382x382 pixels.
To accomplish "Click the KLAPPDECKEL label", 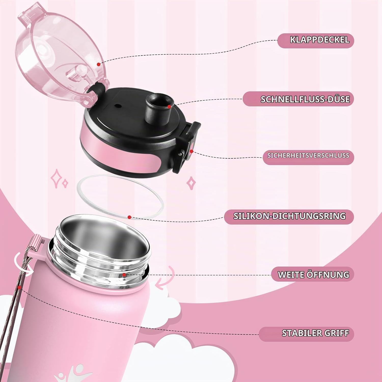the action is click(x=320, y=40).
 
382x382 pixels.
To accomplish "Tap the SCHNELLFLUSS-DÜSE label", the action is click(x=305, y=99).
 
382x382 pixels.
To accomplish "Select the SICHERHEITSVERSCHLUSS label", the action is click(x=308, y=155).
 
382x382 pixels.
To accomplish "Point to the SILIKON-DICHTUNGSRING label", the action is click(x=290, y=216).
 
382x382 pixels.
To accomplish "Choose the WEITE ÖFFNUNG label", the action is click(x=313, y=275).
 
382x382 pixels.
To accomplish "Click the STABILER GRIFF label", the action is click(x=315, y=333).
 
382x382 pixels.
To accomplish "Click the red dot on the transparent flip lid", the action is click(x=99, y=64).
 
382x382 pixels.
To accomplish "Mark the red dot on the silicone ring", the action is click(x=129, y=217).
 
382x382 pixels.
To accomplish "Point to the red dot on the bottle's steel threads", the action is click(x=124, y=275).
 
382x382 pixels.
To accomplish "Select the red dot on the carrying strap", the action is click(x=20, y=287).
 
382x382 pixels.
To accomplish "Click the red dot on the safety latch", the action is click(x=191, y=151).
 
